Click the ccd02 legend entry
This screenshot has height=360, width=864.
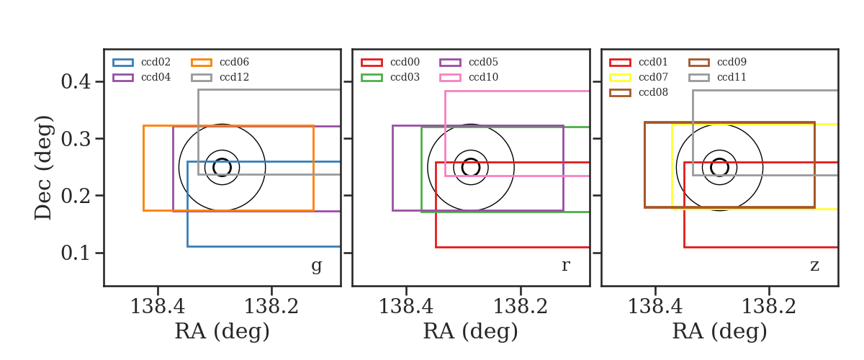[x=142, y=62]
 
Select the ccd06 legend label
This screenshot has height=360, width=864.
[x=235, y=62]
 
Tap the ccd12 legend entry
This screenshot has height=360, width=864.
[x=220, y=77]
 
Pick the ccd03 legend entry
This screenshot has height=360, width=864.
[x=390, y=77]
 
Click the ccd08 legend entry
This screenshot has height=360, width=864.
[x=639, y=92]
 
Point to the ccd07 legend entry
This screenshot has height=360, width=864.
[x=639, y=77]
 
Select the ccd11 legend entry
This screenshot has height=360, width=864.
[x=717, y=77]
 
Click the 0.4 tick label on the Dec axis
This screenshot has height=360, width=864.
[x=76, y=82]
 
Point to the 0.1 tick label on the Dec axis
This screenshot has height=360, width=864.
[x=76, y=253]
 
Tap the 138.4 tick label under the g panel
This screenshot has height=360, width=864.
[x=158, y=307]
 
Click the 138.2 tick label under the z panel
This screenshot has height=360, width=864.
[x=769, y=307]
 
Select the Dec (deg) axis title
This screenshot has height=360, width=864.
[x=42, y=168]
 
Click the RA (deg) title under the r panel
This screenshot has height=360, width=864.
[x=471, y=331]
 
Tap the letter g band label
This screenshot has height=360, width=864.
[x=316, y=266]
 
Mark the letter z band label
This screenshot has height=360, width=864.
[x=814, y=266]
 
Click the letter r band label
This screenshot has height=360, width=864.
[x=565, y=266]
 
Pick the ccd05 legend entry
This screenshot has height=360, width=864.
[x=469, y=62]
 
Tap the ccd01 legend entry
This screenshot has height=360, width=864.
[x=639, y=62]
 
